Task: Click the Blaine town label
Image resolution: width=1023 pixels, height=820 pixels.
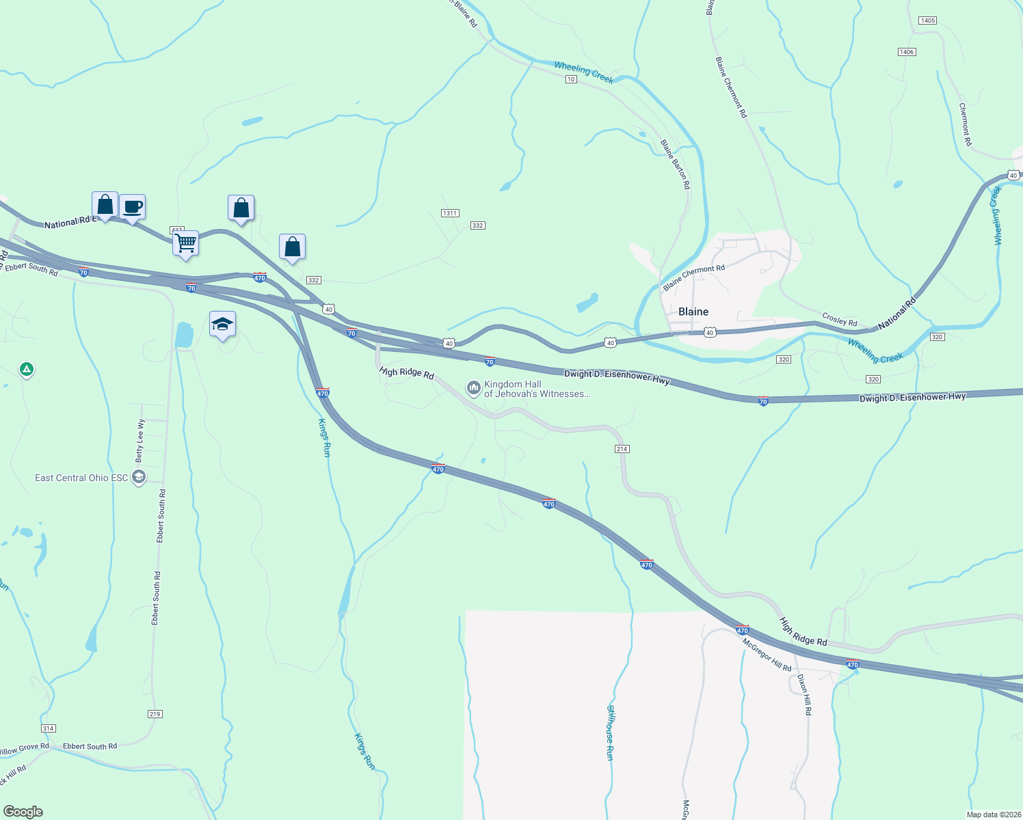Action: tap(693, 312)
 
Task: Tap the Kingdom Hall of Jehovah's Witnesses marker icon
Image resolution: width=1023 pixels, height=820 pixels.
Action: tap(473, 389)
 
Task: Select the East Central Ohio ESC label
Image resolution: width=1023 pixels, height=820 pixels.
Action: tap(81, 478)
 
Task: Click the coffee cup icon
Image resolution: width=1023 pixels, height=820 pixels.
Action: tap(132, 206)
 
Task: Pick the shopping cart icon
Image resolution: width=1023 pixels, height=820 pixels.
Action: tap(185, 243)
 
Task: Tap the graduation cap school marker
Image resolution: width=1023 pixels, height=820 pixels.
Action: tap(222, 324)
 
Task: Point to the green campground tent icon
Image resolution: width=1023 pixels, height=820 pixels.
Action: tap(27, 370)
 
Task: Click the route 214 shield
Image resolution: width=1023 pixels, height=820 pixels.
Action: tap(622, 449)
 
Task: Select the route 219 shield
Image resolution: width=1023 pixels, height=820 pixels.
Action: tap(155, 714)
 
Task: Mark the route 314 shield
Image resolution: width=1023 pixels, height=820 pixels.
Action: tap(48, 728)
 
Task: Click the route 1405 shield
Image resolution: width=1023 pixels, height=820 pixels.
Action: tap(927, 20)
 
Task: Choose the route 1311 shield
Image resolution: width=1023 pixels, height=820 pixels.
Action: tap(449, 213)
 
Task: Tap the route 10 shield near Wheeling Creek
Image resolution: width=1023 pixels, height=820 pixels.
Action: tap(571, 79)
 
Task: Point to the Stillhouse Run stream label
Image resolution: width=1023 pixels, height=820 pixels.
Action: tap(610, 733)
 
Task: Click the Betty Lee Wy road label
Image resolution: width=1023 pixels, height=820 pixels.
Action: tap(141, 441)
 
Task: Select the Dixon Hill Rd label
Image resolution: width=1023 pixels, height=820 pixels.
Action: tap(804, 694)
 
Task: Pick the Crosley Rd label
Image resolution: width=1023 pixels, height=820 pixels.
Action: tap(839, 319)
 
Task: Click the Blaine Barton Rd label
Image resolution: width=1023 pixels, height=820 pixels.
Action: tap(675, 165)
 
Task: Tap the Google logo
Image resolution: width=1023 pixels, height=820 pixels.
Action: tap(23, 812)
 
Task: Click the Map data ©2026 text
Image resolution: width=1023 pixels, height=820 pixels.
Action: tap(992, 815)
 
